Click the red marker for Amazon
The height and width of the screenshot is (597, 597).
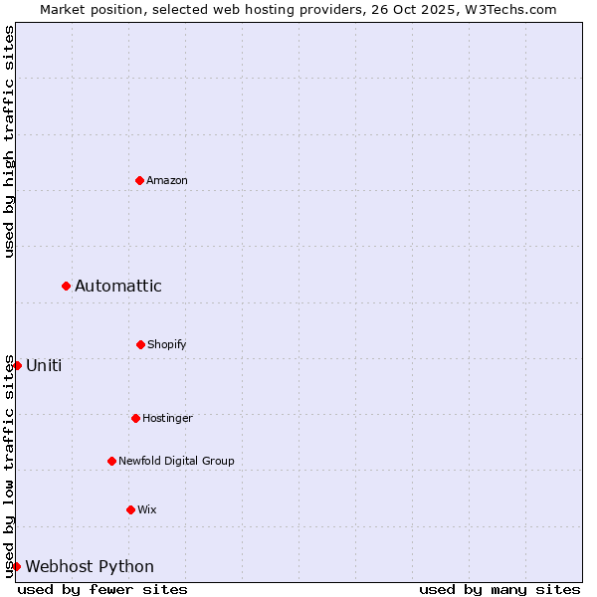(x=139, y=180)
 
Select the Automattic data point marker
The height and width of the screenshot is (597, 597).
(x=66, y=286)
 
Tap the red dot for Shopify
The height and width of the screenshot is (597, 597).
(x=140, y=344)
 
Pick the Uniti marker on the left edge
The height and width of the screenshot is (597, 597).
(x=17, y=365)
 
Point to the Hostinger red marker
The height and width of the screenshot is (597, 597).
(x=135, y=418)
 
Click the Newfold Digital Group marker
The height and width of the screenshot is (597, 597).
(x=111, y=461)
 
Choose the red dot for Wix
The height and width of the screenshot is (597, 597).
(x=130, y=509)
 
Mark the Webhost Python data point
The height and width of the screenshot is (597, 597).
(x=17, y=566)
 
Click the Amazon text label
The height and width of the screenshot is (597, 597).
(x=167, y=180)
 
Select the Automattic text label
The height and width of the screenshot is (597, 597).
(x=118, y=287)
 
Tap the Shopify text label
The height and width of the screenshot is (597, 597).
(x=167, y=344)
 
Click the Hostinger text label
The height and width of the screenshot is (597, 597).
(x=167, y=418)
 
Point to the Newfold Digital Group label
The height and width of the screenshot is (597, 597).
(x=176, y=461)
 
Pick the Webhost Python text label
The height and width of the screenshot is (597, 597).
(x=90, y=567)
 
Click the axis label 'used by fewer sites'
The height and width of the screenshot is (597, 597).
(x=102, y=589)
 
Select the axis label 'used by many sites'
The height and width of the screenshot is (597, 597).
(x=499, y=589)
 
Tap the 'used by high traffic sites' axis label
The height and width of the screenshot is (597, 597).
(x=9, y=141)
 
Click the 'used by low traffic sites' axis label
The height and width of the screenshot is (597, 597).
(x=9, y=465)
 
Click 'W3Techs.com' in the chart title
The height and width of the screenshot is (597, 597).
(x=515, y=9)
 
